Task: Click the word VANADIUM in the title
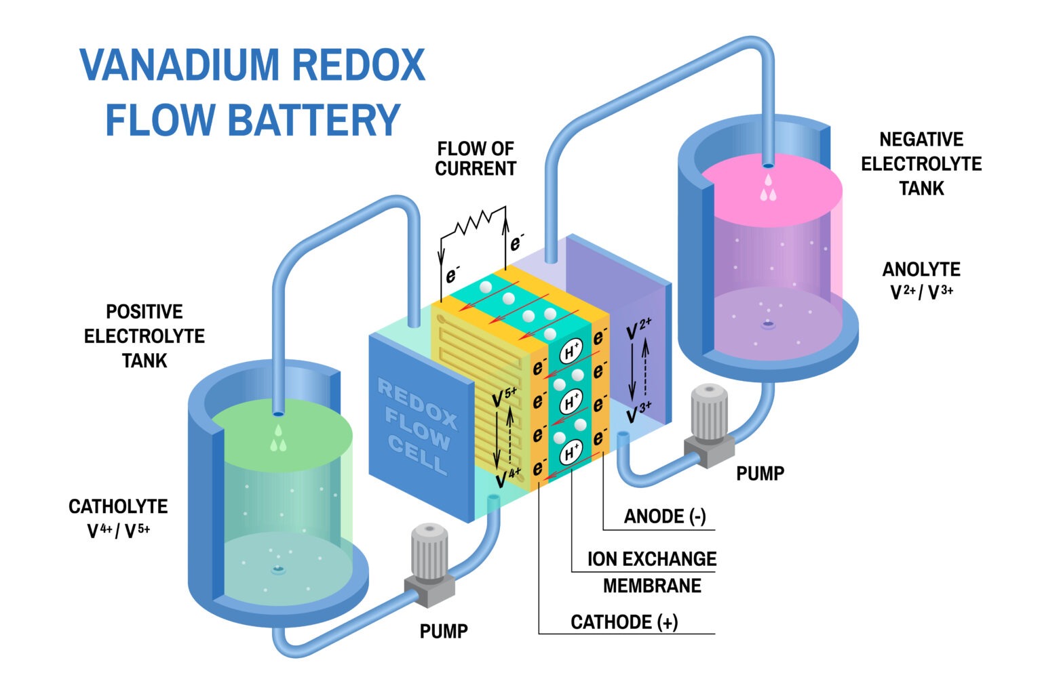pos(180,66)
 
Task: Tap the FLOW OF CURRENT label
pos(475,159)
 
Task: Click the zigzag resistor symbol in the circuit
pos(473,222)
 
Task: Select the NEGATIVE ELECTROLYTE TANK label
pos(921,163)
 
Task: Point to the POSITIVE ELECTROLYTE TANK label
pos(144,335)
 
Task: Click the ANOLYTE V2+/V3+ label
pos(921,280)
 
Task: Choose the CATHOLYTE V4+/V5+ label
pos(118,518)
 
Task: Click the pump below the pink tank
pos(708,426)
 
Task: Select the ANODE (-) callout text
pos(664,516)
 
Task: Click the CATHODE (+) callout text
pos(623,621)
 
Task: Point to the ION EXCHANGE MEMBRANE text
pos(651,572)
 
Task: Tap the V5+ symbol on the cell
pos(504,397)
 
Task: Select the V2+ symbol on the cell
pos(638,329)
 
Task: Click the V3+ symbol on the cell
pos(638,413)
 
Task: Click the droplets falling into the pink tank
pos(768,189)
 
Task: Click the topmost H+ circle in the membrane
pos(571,352)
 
